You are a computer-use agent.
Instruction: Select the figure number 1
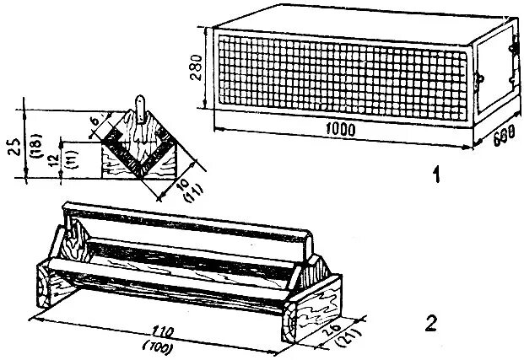[x=435, y=176]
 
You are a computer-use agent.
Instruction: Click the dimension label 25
[x=13, y=146]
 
